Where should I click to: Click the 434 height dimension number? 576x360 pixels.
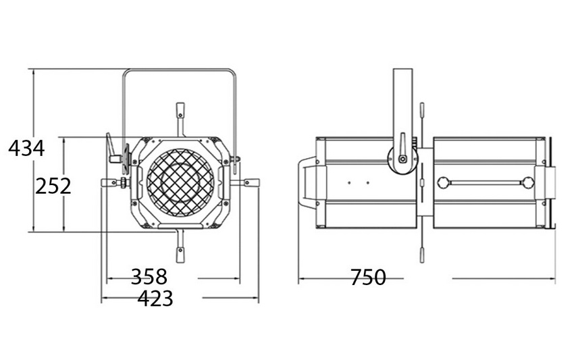(26, 149)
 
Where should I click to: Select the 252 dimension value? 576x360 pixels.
(53, 186)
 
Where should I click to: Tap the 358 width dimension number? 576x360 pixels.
(149, 277)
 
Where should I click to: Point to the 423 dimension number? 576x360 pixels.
(155, 298)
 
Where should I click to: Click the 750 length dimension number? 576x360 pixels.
(368, 277)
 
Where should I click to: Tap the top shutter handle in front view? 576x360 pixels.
(180, 110)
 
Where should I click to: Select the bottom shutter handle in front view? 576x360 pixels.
(180, 255)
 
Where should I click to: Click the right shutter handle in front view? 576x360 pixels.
(252, 182)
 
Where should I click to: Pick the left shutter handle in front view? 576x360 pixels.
(109, 182)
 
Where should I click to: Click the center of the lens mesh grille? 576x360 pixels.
(180, 182)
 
